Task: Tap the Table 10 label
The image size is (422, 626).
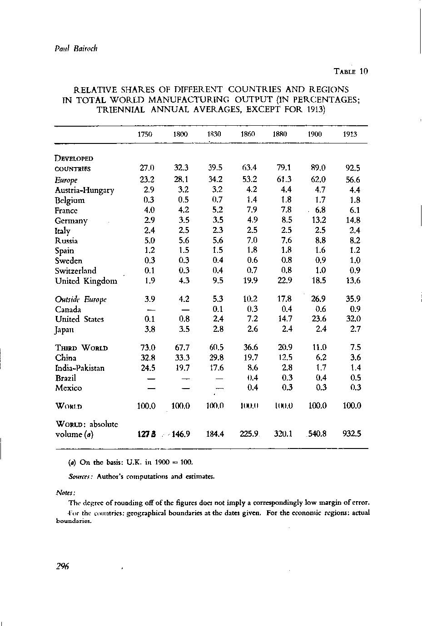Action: tap(350, 71)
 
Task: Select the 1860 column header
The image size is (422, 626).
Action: tap(248, 134)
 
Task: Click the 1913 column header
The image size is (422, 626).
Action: tap(350, 134)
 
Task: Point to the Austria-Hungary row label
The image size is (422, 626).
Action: tap(84, 190)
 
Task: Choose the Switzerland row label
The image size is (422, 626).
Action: tap(75, 271)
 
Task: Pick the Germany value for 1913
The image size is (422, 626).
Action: tap(352, 221)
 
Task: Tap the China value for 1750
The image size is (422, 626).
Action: tap(146, 358)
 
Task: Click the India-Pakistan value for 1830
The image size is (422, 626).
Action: tap(215, 368)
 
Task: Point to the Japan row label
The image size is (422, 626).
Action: tap(65, 330)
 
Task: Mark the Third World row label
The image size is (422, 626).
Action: tap(81, 348)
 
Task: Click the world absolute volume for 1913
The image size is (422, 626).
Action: tap(352, 434)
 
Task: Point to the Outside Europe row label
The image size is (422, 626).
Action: tap(80, 300)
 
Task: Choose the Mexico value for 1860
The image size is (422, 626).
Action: tap(253, 388)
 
